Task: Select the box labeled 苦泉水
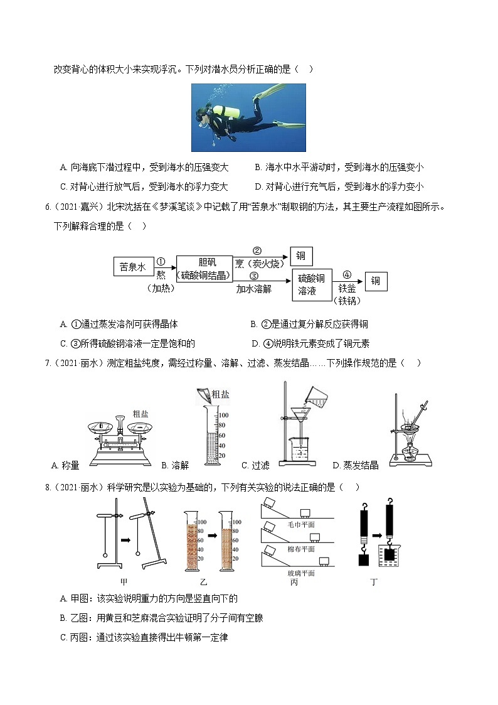click(x=132, y=267)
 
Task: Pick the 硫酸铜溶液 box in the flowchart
click(x=311, y=285)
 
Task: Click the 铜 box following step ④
click(x=376, y=281)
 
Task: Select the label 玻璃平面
click(x=300, y=573)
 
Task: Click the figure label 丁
click(x=374, y=582)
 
